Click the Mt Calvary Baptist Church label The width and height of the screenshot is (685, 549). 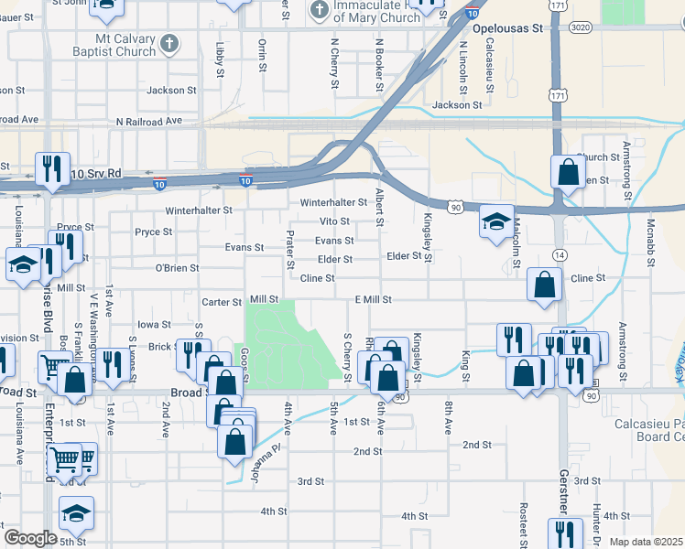[x=125, y=46]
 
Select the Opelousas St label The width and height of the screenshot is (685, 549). [x=502, y=28]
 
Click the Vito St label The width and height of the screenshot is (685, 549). [x=334, y=221]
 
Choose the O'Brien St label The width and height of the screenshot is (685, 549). [x=177, y=268]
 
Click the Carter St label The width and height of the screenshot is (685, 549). [x=221, y=301]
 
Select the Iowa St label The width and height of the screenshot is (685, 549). [x=153, y=324]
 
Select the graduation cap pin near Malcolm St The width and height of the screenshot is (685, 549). [x=495, y=222]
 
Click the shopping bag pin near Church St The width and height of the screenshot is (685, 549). [x=568, y=170]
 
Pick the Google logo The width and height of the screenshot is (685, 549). [x=30, y=538]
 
